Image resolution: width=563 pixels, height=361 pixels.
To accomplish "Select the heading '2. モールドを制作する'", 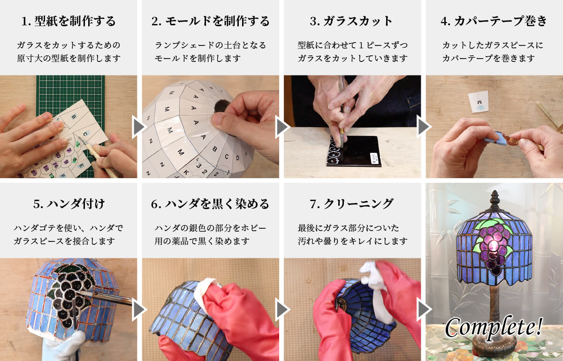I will tap(211, 21).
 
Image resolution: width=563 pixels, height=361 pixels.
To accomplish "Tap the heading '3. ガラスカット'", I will tap(352, 21).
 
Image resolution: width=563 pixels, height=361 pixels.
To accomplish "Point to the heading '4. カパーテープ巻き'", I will tap(494, 21).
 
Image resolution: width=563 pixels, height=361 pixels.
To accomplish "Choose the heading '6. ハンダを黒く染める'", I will tap(211, 204).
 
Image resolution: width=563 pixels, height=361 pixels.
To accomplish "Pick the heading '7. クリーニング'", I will tap(352, 204).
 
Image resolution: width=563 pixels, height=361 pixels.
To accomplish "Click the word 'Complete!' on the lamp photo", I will tap(494, 327).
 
